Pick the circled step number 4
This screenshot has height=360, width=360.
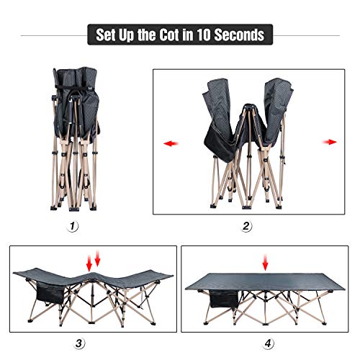pyautogui.click(x=268, y=342)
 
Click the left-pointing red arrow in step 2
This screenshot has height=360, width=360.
pyautogui.click(x=167, y=142)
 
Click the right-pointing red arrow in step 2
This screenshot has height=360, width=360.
pyautogui.click(x=330, y=142)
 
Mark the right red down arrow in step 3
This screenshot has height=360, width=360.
pyautogui.click(x=99, y=259)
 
